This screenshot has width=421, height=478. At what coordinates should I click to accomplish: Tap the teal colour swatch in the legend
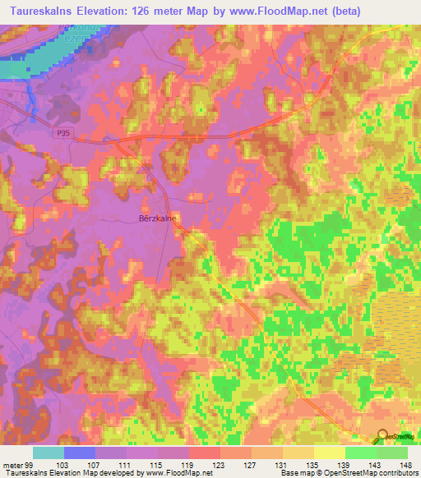tap(48, 453)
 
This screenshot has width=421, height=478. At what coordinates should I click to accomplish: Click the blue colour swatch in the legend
tap(79, 453)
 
